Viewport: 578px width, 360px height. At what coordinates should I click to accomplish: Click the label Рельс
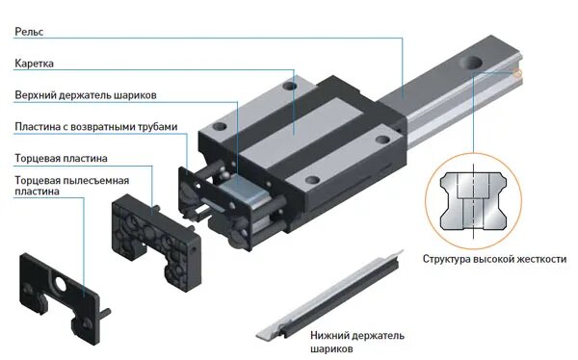[x=29, y=32]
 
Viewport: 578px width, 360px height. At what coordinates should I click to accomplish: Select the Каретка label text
[x=34, y=64]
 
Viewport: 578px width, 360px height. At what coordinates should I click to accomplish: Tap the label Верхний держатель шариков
[x=86, y=95]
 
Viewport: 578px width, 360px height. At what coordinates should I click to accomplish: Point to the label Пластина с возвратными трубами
[x=95, y=127]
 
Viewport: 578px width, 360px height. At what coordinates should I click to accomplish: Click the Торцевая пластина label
[x=61, y=159]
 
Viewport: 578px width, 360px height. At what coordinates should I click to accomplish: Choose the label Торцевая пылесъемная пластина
[x=72, y=186]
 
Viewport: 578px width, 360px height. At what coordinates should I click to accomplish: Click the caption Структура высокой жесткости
[x=494, y=259]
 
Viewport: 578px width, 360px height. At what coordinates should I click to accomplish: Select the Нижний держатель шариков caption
[x=356, y=342]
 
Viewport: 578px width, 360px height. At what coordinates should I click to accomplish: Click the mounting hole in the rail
[x=471, y=62]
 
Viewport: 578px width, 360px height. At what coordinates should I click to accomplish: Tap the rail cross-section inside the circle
[x=473, y=201]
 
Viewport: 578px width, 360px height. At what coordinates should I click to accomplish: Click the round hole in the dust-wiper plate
[x=60, y=285]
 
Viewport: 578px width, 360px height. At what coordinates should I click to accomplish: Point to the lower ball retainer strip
[x=329, y=295]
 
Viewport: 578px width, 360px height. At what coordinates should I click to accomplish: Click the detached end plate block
[x=157, y=243]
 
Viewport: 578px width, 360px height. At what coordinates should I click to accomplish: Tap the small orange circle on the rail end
[x=517, y=73]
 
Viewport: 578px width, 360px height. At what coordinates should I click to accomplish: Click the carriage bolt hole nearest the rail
[x=382, y=140]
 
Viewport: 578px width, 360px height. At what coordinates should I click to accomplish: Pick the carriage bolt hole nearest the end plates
[x=220, y=126]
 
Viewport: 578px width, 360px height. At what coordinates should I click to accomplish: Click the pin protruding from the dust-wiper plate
[x=105, y=313]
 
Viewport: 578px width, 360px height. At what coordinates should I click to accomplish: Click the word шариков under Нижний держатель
[x=331, y=348]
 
